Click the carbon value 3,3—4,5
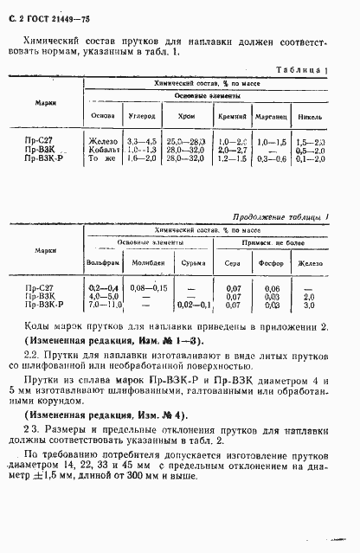[142, 141]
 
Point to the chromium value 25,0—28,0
[187, 141]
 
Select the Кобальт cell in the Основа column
[103, 150]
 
